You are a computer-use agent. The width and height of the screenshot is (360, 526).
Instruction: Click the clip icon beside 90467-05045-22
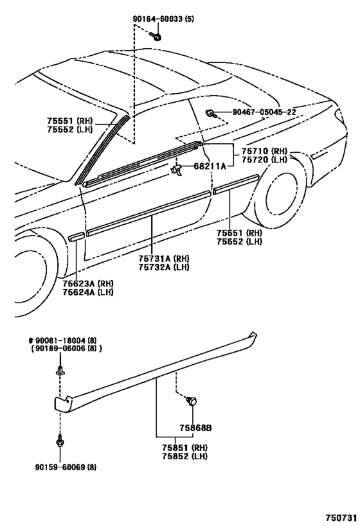(x=211, y=114)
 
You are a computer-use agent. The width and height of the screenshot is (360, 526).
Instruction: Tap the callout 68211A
(x=210, y=166)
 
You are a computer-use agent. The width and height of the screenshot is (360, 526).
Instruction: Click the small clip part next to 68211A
(x=175, y=168)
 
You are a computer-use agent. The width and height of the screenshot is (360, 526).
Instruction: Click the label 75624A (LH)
(x=89, y=292)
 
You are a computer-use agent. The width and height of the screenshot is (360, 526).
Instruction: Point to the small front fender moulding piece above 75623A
(x=75, y=237)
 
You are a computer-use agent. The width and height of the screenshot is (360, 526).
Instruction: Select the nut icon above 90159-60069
(x=59, y=443)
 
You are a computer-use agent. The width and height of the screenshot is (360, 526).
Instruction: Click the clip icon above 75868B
(x=191, y=401)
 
